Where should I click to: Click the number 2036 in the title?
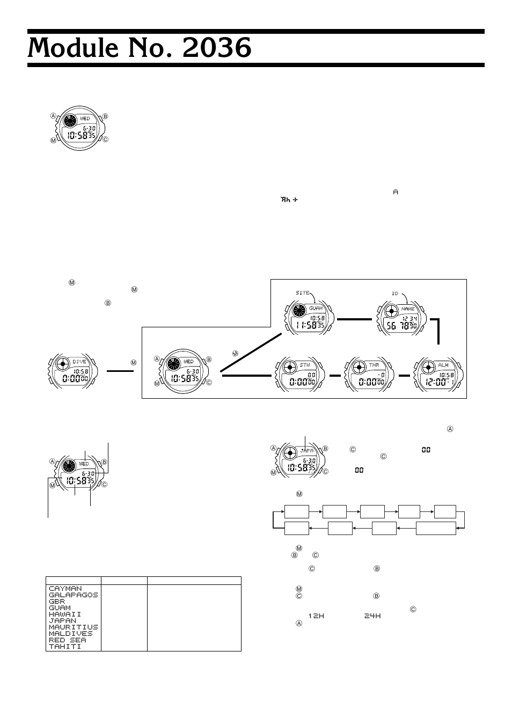217,49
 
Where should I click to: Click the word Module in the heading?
77,49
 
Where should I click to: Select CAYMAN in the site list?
65,589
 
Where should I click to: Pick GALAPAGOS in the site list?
73,595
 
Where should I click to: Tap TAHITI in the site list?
65,647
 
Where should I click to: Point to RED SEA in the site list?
67,640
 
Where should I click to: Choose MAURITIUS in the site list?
73,627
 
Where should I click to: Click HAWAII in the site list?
65,614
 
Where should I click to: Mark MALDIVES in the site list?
71,634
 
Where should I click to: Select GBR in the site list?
56,602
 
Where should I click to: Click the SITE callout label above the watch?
303,292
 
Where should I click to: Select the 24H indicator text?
372,616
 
